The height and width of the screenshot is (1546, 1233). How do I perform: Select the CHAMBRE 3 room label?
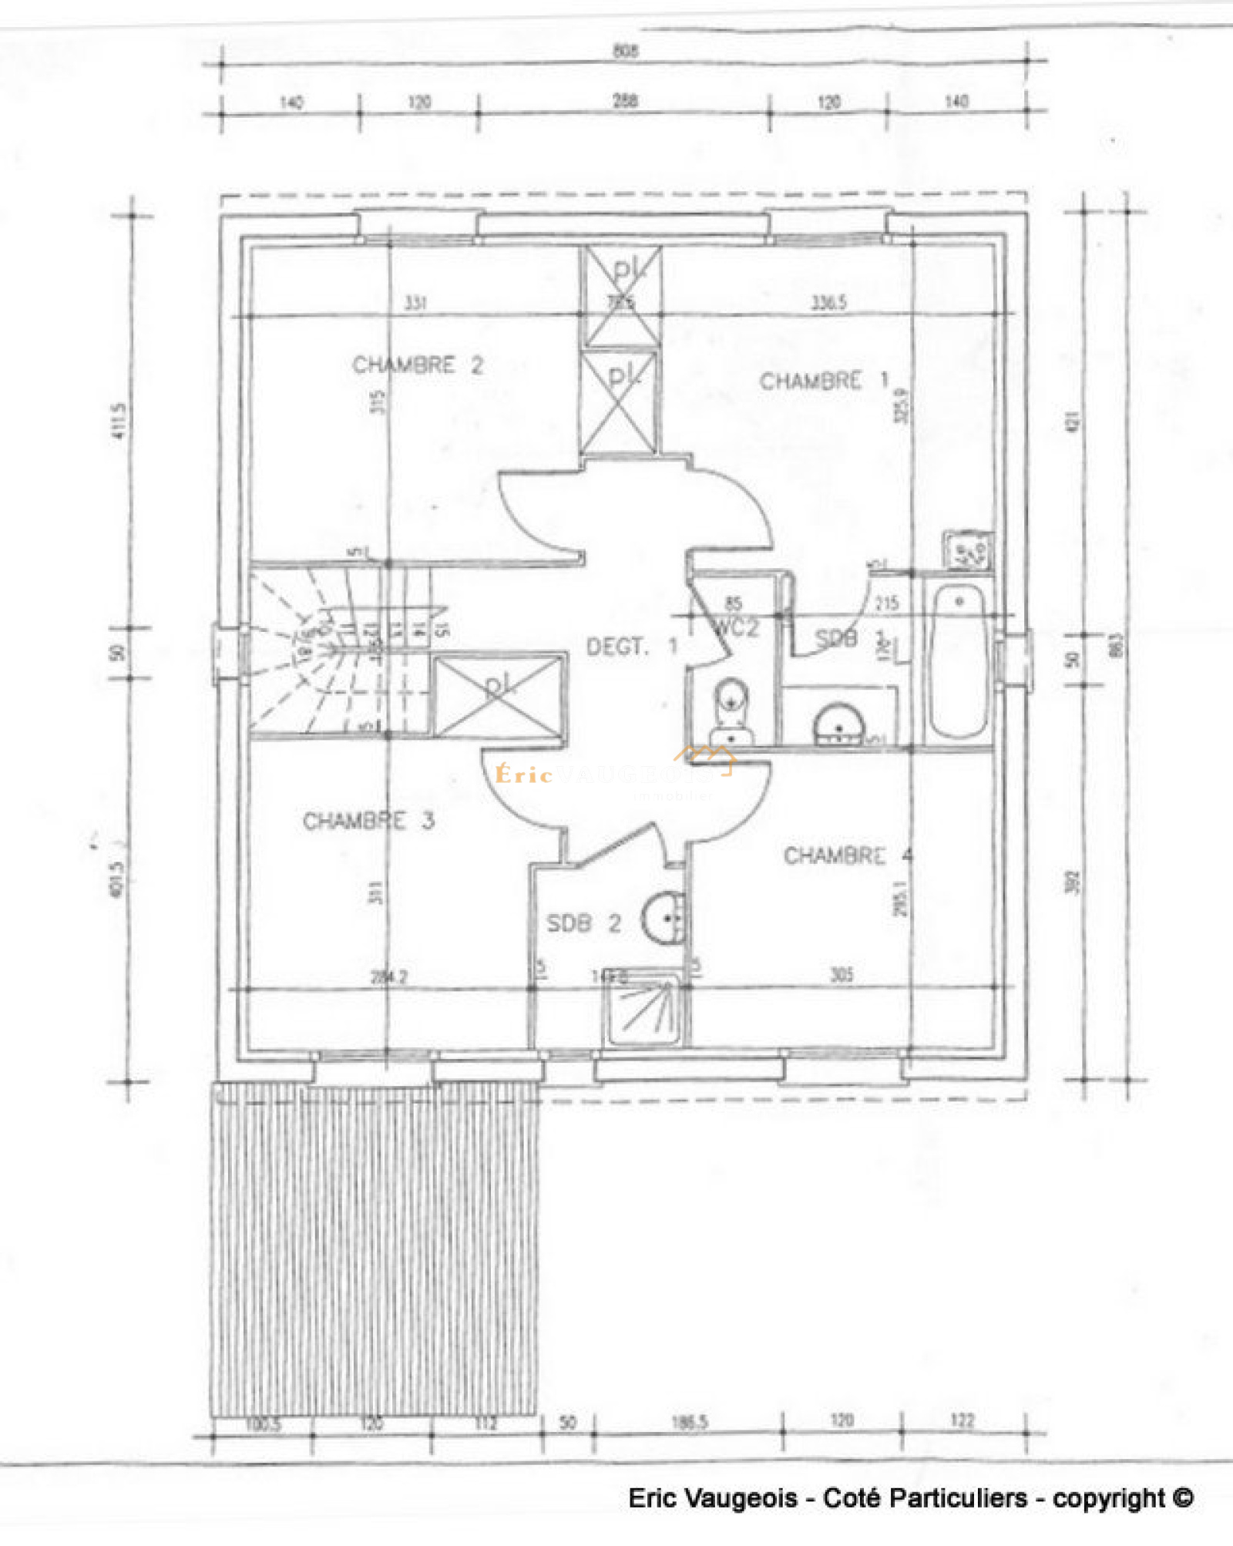[x=368, y=821]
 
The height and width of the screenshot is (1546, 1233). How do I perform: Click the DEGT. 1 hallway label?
[x=631, y=647]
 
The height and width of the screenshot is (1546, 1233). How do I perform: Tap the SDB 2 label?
[x=583, y=923]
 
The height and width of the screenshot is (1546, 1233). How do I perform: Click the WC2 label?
[x=737, y=627]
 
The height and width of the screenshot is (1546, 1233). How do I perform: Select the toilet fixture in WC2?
[x=731, y=713]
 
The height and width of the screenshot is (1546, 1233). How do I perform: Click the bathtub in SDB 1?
[x=958, y=660]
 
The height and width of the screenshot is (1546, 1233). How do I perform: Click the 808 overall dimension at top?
[x=625, y=51]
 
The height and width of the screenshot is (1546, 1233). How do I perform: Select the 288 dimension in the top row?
[x=625, y=101]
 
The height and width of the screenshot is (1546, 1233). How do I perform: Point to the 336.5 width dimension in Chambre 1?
[x=828, y=303]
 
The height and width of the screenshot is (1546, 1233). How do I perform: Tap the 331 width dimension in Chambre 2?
[x=415, y=303]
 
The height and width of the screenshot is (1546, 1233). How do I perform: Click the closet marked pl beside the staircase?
[x=499, y=696]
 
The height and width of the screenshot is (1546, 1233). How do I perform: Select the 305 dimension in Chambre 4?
[x=842, y=975]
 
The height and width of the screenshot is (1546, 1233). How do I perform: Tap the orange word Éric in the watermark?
[x=524, y=775]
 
